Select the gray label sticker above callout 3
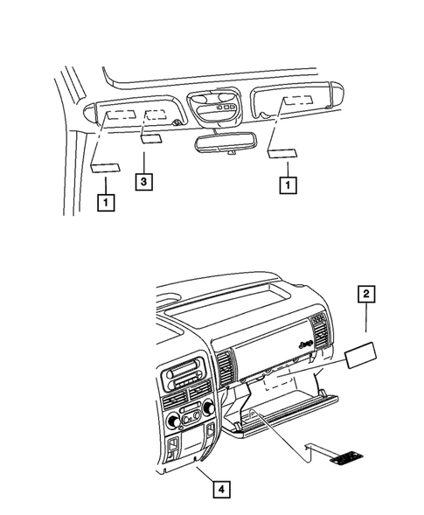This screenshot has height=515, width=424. coord(150,137)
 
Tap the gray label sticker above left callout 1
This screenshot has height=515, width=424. coord(105,168)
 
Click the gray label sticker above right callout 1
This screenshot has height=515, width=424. coord(282,154)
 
